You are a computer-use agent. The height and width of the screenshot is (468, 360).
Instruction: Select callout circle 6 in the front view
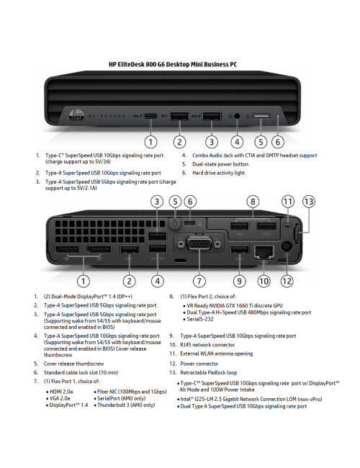click(x=279, y=142)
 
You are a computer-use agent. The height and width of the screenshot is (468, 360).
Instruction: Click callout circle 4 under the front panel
click(x=238, y=142)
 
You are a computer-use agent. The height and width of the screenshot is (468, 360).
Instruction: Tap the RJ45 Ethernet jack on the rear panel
click(x=264, y=251)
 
